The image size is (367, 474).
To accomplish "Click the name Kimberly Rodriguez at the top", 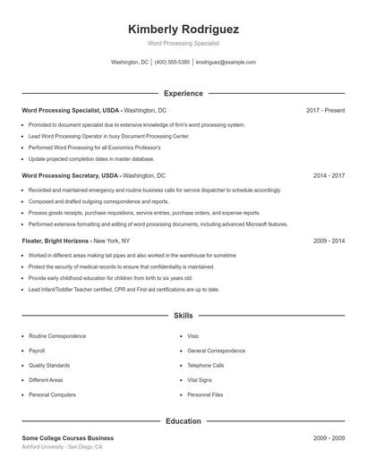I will [183, 29].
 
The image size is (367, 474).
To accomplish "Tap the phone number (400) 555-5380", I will [173, 63].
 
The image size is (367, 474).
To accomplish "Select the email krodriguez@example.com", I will [226, 63].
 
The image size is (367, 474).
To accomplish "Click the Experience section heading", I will [183, 93].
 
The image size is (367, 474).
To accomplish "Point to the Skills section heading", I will [183, 316].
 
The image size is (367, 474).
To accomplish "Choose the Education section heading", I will [183, 420].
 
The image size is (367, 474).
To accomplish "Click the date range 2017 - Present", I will [325, 110].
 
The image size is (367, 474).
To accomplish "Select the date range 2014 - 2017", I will [329, 175].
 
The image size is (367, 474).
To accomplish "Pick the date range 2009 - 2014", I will [329, 241].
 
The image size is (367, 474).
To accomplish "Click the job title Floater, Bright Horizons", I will [55, 241].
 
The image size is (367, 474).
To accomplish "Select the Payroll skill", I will [37, 351].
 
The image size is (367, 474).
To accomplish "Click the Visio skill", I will [192, 336].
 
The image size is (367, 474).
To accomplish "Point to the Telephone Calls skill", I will [206, 365].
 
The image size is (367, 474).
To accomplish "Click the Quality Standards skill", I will [48, 365].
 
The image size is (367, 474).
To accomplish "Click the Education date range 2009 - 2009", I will [329, 438].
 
